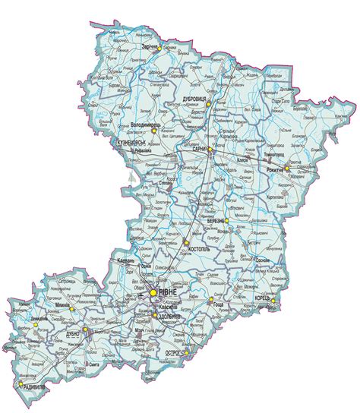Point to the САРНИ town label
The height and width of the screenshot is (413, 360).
point(201,149)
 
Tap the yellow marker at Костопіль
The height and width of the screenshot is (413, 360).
point(185,243)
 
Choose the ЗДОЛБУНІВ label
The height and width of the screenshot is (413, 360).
point(166,317)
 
